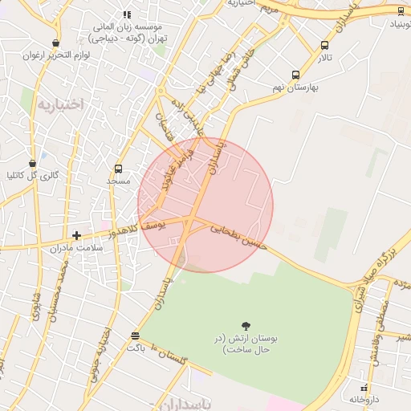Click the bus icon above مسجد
119,169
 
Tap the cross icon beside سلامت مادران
76,235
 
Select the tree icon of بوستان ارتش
245,325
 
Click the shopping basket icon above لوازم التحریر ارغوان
55,43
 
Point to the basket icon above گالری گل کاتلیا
32,162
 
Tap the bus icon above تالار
324,46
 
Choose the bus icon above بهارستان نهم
296,74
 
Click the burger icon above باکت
135,336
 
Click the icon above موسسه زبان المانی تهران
126,14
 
